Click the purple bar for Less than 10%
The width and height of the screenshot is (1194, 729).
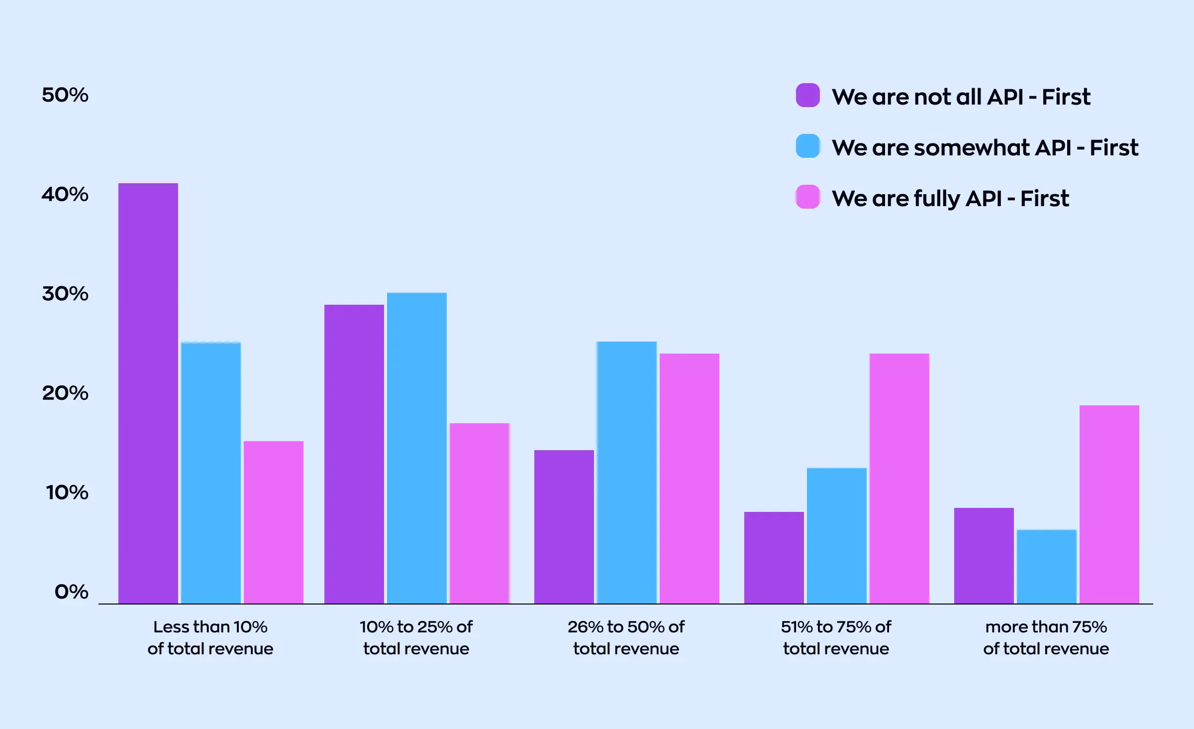(148, 393)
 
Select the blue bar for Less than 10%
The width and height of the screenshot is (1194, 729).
(211, 473)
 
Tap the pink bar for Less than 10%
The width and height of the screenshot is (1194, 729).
(274, 522)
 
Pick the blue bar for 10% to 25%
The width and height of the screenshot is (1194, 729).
(417, 448)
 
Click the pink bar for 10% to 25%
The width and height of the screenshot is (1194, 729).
(480, 513)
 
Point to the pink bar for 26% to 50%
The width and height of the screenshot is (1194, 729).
(690, 479)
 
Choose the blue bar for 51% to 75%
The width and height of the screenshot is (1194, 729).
(837, 536)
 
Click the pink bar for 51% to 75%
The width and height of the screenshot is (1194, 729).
(899, 479)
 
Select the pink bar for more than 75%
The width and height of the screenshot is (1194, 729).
(1109, 504)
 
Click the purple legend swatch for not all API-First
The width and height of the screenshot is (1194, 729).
(808, 95)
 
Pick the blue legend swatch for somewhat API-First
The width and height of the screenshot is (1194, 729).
(808, 146)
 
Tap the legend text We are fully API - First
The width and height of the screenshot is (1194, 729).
(950, 198)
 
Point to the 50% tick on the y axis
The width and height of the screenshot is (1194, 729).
(65, 95)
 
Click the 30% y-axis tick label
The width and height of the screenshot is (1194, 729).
(65, 293)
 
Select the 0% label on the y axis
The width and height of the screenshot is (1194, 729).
(71, 592)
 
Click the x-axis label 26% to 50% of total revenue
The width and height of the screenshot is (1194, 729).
(626, 637)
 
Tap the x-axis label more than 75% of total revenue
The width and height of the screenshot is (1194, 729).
(1046, 637)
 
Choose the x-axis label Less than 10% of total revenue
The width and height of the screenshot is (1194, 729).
(210, 637)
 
